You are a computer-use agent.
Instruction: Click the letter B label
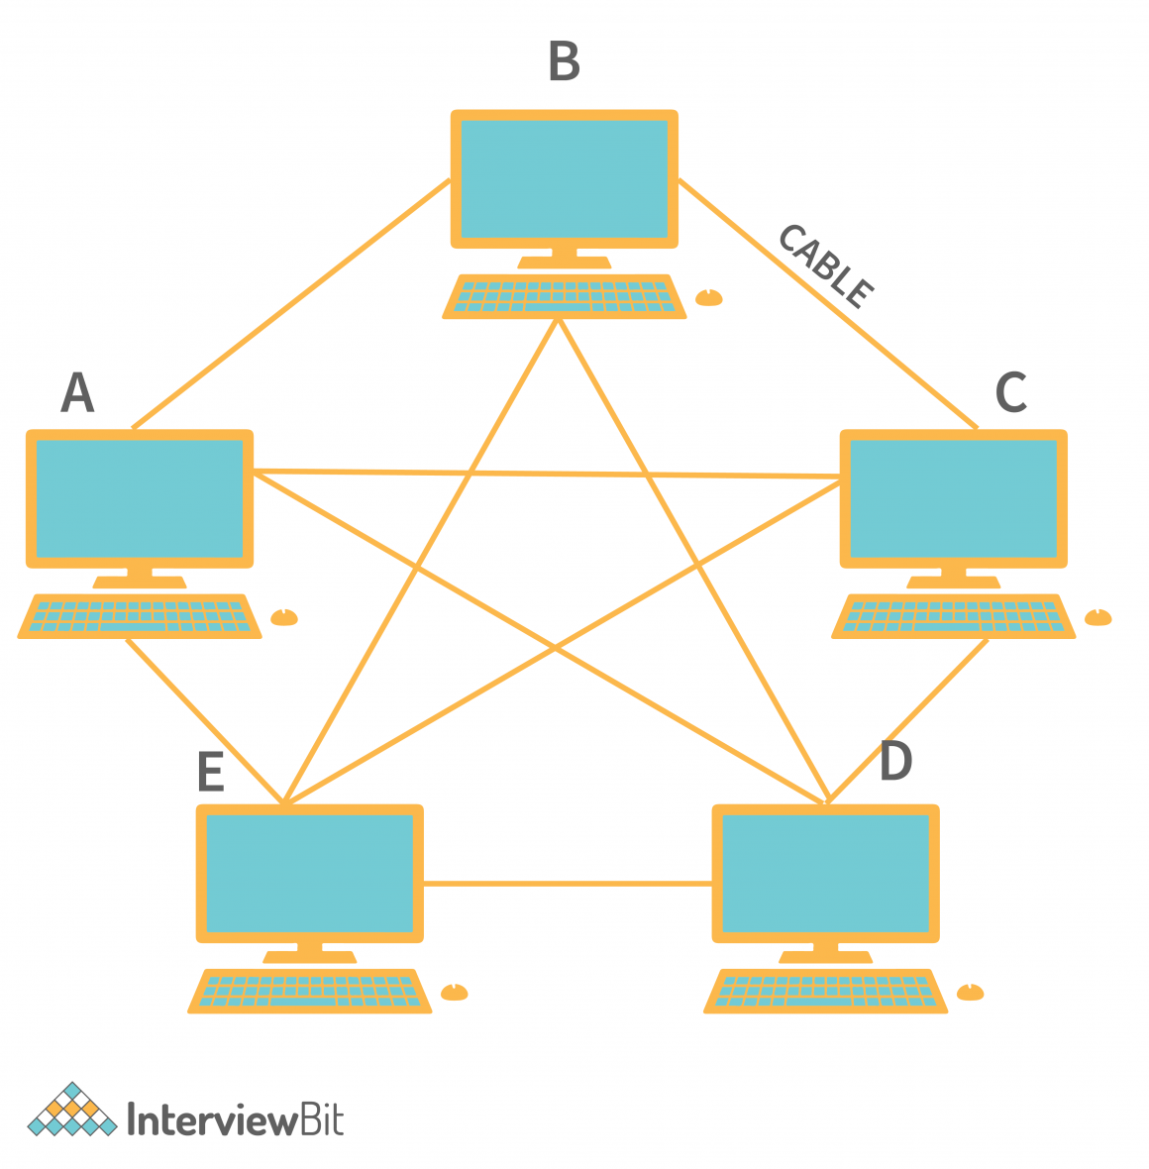click(564, 61)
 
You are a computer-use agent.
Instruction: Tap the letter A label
click(77, 393)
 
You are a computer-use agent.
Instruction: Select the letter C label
click(1010, 392)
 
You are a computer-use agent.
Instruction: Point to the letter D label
click(895, 761)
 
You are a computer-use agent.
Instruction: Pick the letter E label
click(210, 773)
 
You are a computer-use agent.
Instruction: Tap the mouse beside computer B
click(709, 297)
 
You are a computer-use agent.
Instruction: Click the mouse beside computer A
click(284, 617)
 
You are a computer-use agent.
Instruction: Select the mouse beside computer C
click(1098, 617)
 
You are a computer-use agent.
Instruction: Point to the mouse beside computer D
click(971, 992)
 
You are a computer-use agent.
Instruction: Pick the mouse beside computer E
click(454, 992)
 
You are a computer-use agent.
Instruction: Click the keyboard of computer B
click(565, 297)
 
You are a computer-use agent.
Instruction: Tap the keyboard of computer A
click(140, 616)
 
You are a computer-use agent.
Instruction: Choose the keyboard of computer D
click(826, 991)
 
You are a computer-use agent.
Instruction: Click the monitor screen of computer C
click(954, 498)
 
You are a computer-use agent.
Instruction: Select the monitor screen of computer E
click(310, 873)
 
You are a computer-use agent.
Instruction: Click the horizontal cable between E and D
click(568, 883)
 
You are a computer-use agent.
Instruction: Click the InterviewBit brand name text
click(236, 1120)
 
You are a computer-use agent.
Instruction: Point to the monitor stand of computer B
click(565, 259)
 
